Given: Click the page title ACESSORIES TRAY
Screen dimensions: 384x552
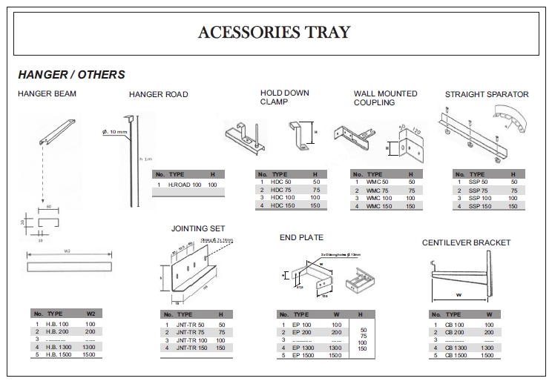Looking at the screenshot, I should coord(275,32).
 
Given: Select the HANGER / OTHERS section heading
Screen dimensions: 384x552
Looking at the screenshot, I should coord(71,75).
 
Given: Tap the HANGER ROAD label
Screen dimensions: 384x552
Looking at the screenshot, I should coord(158,95).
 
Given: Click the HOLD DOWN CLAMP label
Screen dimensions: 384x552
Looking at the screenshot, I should coord(284,97).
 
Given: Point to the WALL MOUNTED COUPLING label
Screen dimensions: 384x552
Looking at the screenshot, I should coord(385,98).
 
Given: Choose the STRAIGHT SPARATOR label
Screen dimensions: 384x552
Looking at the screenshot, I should coord(487,94).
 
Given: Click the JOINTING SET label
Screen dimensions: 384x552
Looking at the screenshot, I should coord(198,228).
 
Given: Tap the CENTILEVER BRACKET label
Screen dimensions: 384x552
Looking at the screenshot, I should coord(466,242).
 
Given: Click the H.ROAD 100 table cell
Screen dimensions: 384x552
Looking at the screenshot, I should coord(185,184).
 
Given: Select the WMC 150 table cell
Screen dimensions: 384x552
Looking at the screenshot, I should coord(378,206).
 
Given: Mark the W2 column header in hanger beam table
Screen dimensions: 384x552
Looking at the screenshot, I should coord(91,314).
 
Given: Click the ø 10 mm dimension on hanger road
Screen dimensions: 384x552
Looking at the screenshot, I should coord(115,132).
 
